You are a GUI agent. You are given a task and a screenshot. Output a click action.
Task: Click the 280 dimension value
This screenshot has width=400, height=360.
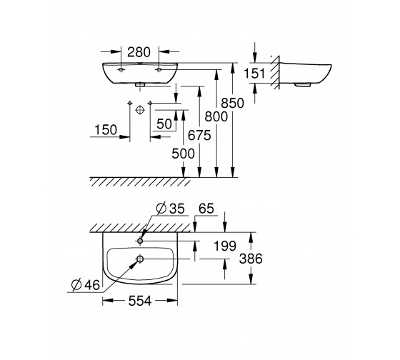click(139, 52)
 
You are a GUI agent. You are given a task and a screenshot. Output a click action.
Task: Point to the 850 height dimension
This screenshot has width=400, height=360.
click(232, 103)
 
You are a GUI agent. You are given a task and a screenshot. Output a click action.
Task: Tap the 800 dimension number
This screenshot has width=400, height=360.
click(216, 116)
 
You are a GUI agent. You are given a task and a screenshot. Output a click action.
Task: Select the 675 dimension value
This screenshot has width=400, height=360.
click(199, 135)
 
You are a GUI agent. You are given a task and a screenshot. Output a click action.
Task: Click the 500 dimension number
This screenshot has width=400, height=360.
click(183, 154)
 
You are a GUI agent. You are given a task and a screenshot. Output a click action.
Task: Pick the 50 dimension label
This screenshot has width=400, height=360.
click(164, 124)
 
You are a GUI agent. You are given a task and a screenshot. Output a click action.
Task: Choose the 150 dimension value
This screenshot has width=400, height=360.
click(106, 130)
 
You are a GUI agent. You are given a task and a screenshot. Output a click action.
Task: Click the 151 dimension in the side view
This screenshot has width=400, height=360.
click(255, 74)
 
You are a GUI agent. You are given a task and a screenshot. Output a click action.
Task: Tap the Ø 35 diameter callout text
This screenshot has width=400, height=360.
click(170, 208)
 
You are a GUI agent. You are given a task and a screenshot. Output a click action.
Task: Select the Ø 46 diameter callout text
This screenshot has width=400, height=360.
click(86, 285)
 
